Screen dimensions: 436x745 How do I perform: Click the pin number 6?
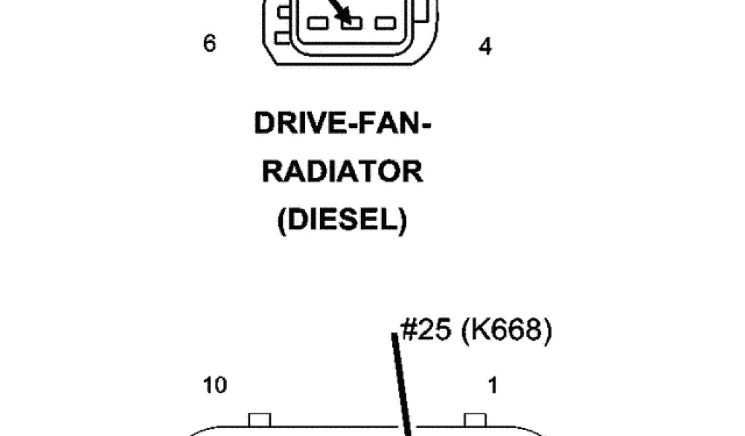point(210,44)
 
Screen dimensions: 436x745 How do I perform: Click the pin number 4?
point(485,47)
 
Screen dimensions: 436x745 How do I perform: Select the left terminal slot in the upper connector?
point(318,23)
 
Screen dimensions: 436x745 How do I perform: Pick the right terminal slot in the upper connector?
point(384,23)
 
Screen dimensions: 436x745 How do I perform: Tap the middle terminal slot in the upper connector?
point(351,23)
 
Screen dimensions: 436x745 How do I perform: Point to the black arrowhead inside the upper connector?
point(343,15)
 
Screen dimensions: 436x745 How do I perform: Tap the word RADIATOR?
point(342,173)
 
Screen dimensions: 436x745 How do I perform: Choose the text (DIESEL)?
point(342,221)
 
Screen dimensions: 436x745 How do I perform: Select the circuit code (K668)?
point(511,331)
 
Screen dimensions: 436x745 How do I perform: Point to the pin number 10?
point(215,386)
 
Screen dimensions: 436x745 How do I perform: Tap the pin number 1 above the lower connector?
point(492,386)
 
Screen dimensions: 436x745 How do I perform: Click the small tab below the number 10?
point(260,421)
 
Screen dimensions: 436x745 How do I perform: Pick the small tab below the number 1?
point(475,421)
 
